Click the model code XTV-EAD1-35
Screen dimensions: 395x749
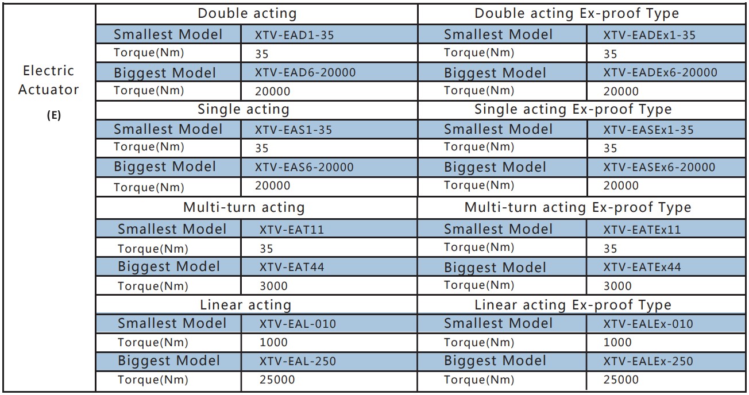pyautogui.click(x=294, y=35)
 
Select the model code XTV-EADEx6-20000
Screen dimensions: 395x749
pyautogui.click(x=660, y=73)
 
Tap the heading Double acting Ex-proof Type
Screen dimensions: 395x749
pyautogui.click(x=576, y=14)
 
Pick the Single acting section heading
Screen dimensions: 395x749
pyautogui.click(x=243, y=109)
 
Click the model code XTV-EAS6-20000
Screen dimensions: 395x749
pyautogui.click(x=304, y=167)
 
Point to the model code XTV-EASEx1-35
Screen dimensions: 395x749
pyautogui.click(x=648, y=130)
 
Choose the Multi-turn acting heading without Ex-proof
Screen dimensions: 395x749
pyautogui.click(x=244, y=207)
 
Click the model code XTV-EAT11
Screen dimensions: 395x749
pyautogui.click(x=292, y=230)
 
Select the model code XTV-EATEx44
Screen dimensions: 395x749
pyautogui.click(x=642, y=267)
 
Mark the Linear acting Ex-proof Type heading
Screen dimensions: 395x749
pyautogui.click(x=572, y=305)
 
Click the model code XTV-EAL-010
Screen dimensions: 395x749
pyautogui.click(x=298, y=324)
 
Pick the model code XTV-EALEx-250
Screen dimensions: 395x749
pyautogui.click(x=648, y=362)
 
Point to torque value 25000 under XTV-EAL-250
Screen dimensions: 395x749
pyautogui.click(x=277, y=379)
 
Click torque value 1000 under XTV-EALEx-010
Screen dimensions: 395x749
pyautogui.click(x=617, y=342)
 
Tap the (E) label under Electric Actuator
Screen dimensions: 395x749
pyautogui.click(x=53, y=115)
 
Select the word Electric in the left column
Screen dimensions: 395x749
pyautogui.click(x=49, y=71)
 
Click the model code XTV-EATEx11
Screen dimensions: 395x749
pyautogui.click(x=642, y=230)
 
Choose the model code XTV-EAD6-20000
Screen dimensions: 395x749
pyautogui.click(x=305, y=73)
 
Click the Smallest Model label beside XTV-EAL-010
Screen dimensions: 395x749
pyautogui.click(x=172, y=323)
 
